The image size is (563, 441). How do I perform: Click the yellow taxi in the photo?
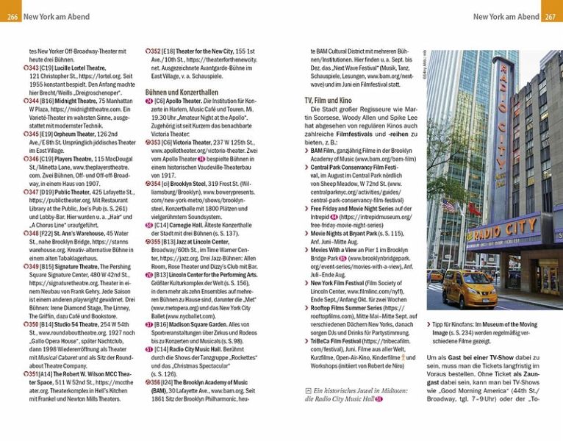(x=470, y=288)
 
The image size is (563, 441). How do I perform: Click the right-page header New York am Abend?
(x=506, y=16)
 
